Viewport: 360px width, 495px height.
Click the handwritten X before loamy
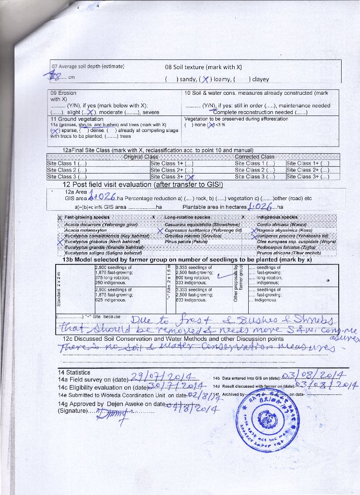click(x=206, y=79)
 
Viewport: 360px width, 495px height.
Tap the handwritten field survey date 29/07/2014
click(x=161, y=377)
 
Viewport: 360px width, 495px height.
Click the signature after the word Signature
click(x=112, y=412)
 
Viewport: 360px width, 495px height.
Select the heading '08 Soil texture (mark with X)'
click(x=203, y=68)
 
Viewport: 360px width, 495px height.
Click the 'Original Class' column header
click(x=140, y=157)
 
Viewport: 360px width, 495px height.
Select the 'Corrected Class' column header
click(x=254, y=157)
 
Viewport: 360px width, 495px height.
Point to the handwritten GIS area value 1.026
click(x=103, y=197)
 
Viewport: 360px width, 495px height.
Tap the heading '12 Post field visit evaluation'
click(x=143, y=184)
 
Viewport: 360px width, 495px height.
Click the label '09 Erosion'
click(x=63, y=93)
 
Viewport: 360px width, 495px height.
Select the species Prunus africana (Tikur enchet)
click(x=289, y=253)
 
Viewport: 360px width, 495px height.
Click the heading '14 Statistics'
click(x=74, y=372)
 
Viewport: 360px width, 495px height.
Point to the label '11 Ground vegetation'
click(x=77, y=119)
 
